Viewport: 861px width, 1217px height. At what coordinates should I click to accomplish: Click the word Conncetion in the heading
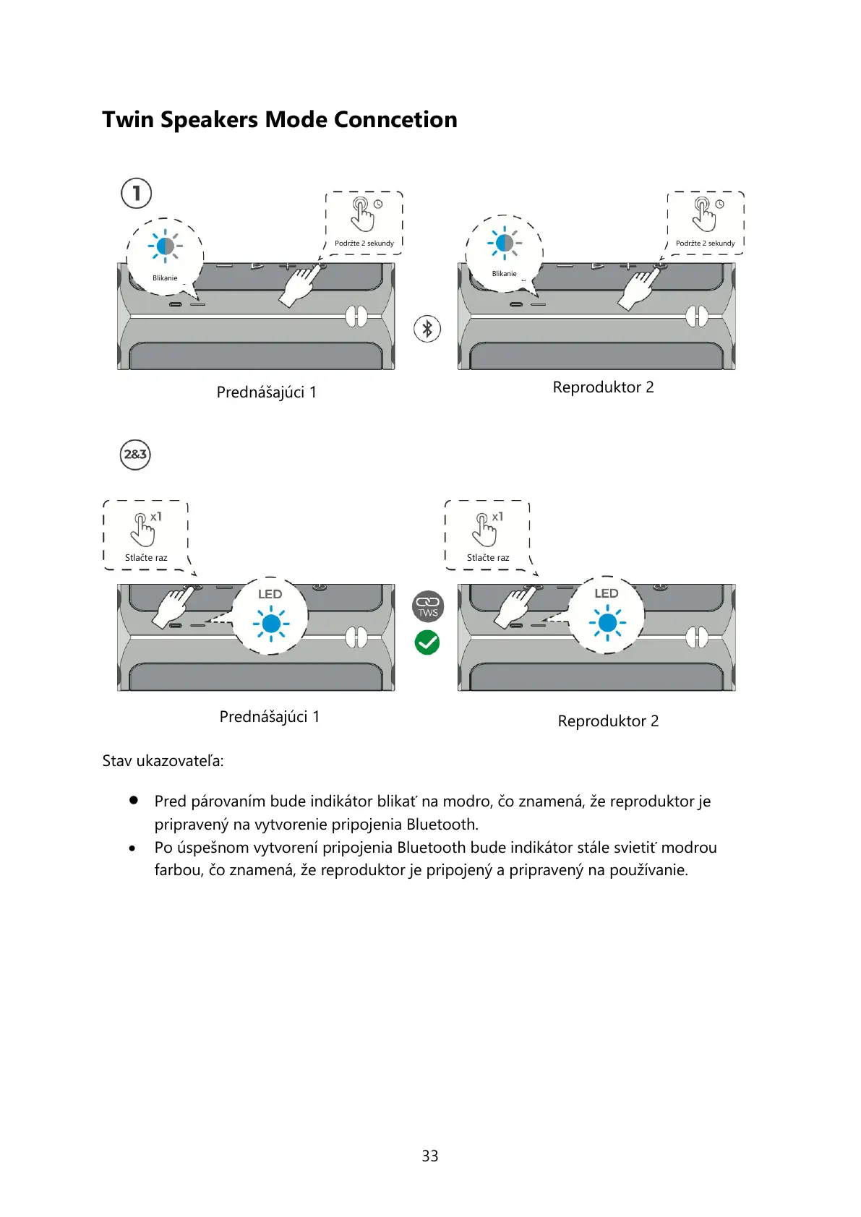395,120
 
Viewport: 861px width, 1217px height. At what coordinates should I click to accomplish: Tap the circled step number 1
136,193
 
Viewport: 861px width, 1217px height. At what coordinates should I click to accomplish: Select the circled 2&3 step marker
135,455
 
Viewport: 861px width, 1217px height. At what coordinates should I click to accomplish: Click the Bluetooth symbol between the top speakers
427,329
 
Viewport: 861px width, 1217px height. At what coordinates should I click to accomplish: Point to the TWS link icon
427,606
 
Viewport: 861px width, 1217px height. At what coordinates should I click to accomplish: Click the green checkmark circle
427,642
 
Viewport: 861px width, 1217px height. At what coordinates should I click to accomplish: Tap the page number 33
430,1156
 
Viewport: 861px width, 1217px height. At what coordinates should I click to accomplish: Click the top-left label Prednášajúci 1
267,392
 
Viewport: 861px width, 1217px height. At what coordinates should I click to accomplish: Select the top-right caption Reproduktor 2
603,387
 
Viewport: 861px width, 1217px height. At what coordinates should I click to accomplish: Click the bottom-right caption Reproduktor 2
608,721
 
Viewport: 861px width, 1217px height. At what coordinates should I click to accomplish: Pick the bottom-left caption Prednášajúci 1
270,717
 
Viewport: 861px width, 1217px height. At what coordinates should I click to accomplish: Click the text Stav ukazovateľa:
163,761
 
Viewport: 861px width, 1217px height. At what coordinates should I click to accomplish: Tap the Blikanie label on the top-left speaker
165,278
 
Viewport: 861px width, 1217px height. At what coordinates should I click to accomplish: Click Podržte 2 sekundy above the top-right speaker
705,244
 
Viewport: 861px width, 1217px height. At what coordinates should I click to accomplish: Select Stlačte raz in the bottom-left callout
146,558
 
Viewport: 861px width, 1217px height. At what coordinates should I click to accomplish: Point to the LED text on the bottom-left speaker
270,594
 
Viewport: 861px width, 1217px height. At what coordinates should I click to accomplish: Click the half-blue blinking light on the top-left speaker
165,246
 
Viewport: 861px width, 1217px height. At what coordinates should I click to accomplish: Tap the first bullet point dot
133,801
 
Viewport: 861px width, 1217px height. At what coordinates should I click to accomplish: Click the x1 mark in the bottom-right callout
497,517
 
